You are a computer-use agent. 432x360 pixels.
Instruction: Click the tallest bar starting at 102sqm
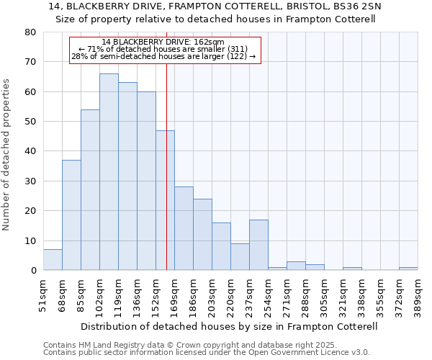(109, 172)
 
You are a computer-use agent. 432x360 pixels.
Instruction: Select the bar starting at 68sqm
(71, 215)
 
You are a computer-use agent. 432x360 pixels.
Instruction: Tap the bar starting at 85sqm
(90, 190)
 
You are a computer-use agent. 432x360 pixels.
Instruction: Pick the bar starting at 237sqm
(258, 245)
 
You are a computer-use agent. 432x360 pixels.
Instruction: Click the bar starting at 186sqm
(202, 235)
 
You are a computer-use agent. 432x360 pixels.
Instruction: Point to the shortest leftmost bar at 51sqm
(53, 260)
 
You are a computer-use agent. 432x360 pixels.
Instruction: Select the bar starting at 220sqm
(240, 257)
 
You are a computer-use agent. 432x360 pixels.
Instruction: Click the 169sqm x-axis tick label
(175, 294)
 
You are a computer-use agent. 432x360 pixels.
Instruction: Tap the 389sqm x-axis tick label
(418, 294)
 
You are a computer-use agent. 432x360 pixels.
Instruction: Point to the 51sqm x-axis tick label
(44, 294)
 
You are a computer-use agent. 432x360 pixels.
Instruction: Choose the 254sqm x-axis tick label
(269, 294)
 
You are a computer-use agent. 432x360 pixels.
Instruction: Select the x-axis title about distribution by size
(230, 326)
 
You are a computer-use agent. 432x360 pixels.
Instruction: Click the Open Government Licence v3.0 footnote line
(207, 353)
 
